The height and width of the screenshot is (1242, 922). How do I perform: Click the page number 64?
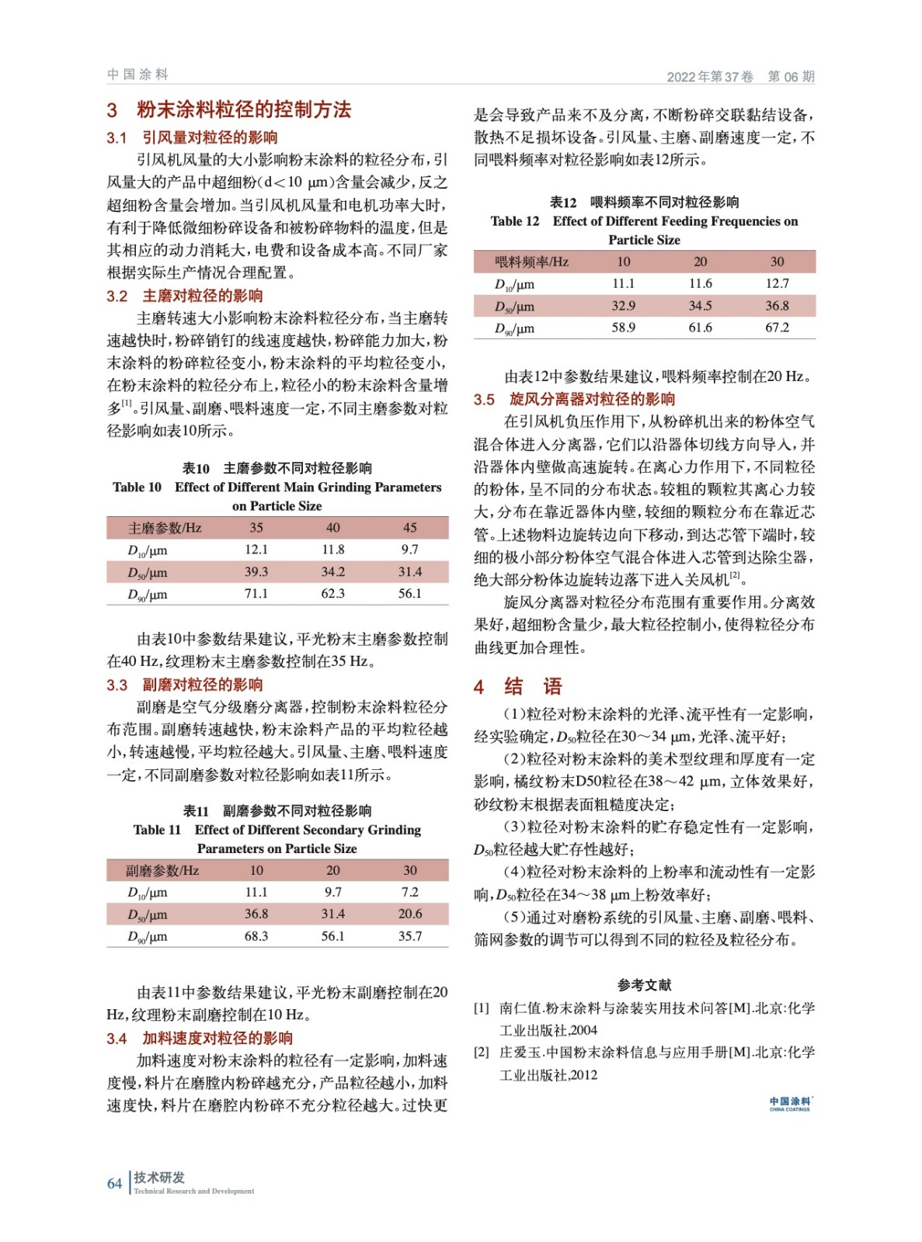pos(114,1183)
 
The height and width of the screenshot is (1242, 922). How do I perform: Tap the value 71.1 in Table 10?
pos(256,594)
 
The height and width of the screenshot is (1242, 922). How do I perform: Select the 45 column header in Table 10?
pos(409,528)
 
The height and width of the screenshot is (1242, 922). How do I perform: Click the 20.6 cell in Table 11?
pos(409,914)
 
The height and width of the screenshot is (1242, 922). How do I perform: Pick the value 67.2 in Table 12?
pos(777,328)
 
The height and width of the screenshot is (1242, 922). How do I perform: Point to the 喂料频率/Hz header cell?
pos(531,262)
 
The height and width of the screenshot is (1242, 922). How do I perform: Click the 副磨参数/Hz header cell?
pos(162,870)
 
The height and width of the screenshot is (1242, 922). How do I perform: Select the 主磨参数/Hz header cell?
pos(164,528)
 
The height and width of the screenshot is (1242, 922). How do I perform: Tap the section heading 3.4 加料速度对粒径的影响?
pos(200,1038)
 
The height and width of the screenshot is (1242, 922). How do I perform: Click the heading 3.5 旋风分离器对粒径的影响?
pos(575,399)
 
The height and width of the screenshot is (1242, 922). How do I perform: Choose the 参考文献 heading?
pos(644,984)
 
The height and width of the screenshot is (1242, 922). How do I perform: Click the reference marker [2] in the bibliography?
pos(482,1053)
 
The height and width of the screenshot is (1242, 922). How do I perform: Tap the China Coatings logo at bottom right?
pos(790,1103)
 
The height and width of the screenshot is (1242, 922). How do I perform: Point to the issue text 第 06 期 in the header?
pos(791,76)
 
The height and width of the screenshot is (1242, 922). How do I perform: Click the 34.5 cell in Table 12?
pos(700,306)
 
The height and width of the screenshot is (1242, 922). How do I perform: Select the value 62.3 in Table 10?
pos(332,594)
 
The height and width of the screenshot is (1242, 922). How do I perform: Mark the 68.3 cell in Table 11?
pos(256,936)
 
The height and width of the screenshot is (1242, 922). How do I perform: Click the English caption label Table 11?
pos(157,830)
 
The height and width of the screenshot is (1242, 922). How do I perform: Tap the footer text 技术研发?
pos(159,1178)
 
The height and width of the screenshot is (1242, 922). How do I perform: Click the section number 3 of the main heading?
pos(113,110)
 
